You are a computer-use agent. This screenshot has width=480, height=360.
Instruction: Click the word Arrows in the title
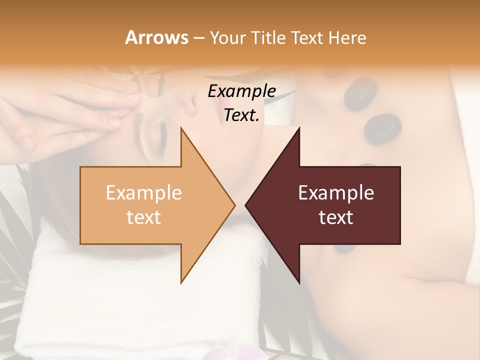(156, 37)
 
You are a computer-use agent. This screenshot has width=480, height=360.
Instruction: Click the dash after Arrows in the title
(198, 38)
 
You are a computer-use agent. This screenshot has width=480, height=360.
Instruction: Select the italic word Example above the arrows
(241, 91)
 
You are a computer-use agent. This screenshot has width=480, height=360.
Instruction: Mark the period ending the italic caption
(257, 120)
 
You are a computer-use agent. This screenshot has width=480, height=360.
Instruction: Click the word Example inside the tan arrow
(143, 193)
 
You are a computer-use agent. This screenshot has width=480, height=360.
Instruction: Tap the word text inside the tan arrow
(143, 217)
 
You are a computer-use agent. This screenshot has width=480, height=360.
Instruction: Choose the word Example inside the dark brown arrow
(336, 193)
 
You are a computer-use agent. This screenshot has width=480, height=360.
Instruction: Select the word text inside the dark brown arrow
(336, 217)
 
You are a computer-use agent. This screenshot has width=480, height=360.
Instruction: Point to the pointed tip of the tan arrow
(234, 205)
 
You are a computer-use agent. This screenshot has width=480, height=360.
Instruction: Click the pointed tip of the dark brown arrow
(245, 205)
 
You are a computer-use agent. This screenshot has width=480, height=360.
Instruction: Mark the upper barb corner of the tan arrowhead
(181, 128)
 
